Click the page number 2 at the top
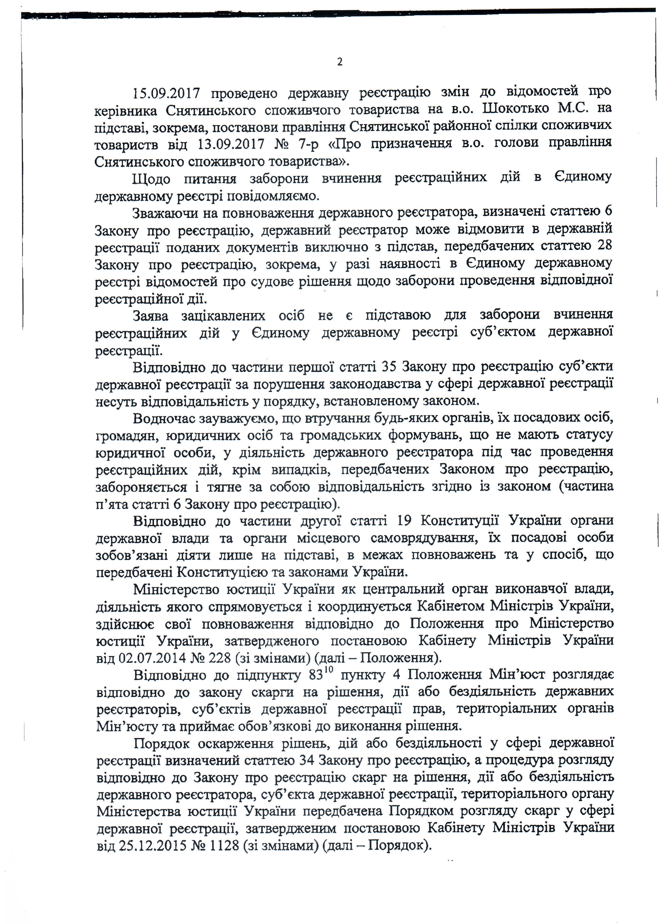[x=340, y=62]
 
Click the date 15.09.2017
[x=166, y=94]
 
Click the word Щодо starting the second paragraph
[x=151, y=179]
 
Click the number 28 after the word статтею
[x=605, y=245]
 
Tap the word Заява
[x=151, y=315]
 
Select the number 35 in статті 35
[x=390, y=366]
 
